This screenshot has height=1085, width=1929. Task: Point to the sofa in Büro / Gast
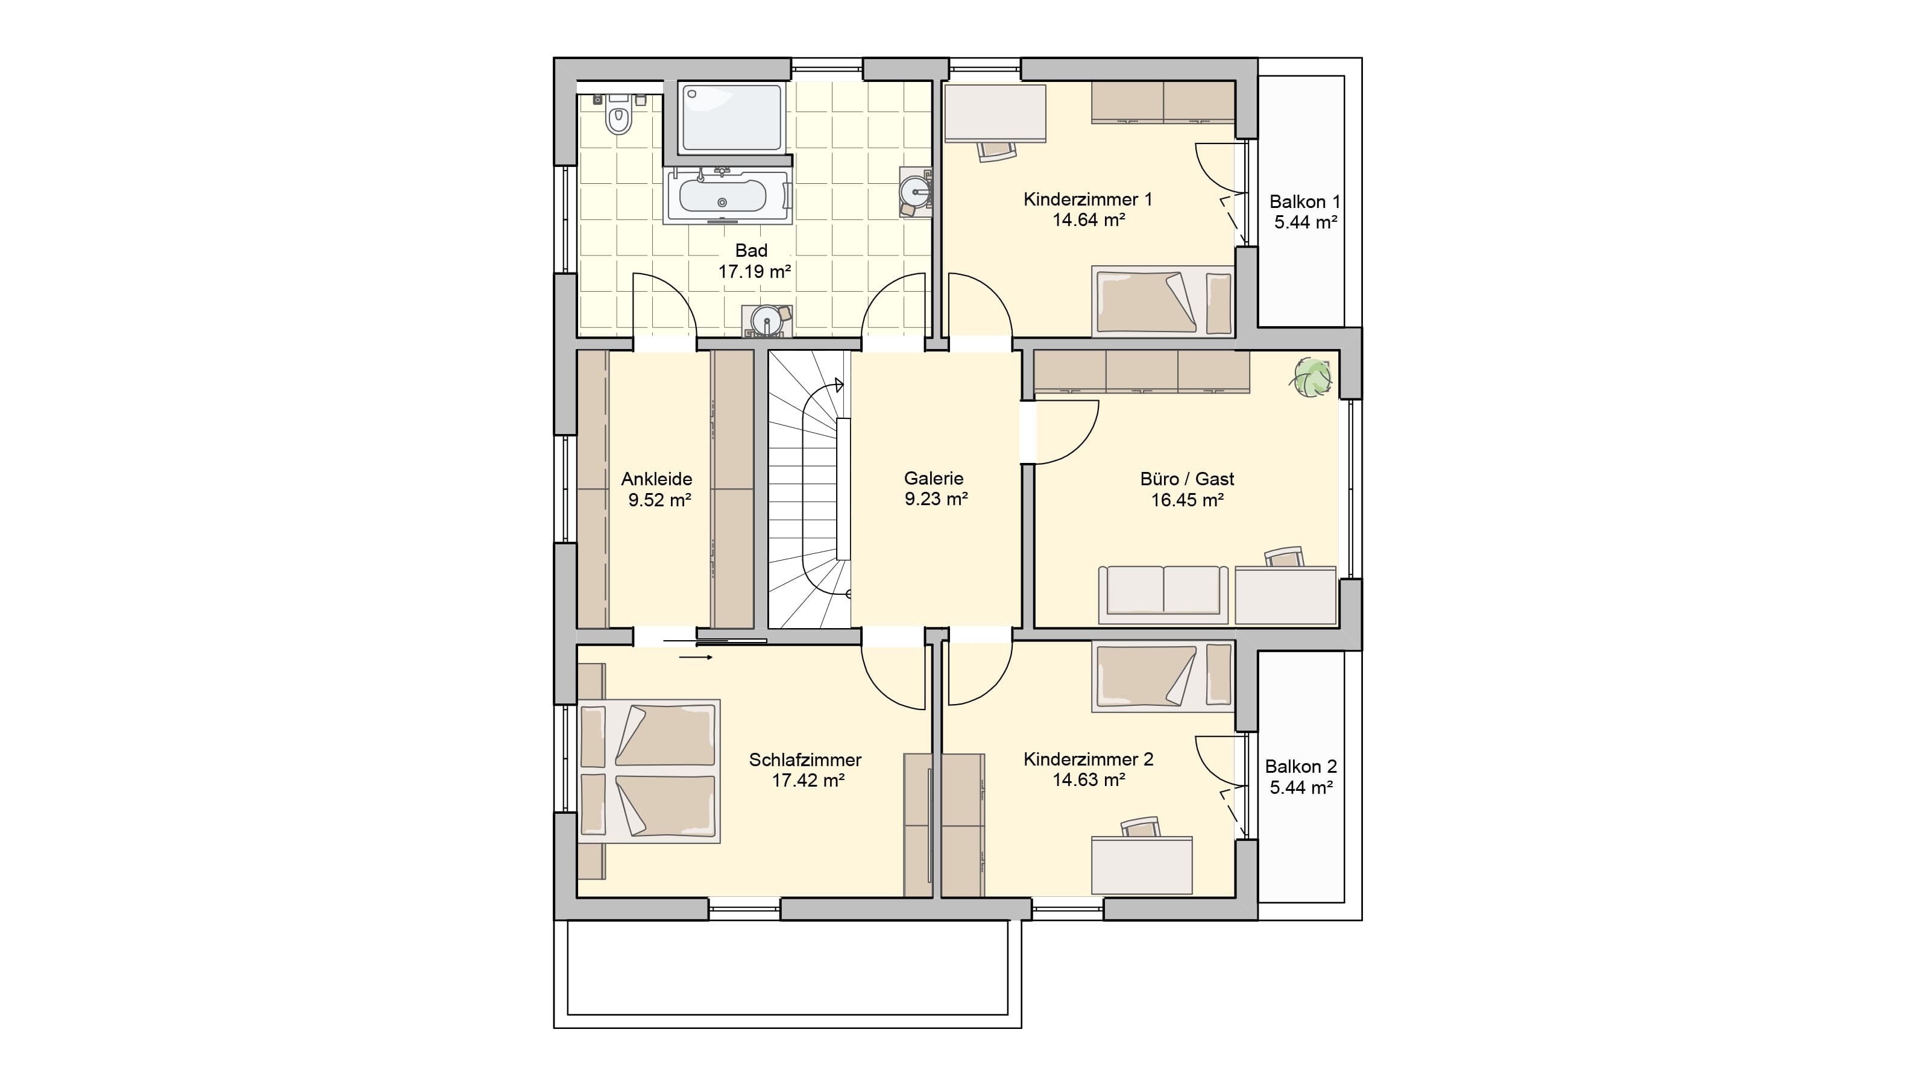click(1163, 594)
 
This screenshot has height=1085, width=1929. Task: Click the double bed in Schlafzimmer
click(649, 772)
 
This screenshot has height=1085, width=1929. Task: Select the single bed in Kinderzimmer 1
click(1163, 301)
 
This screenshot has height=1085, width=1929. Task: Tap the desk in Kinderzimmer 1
click(995, 113)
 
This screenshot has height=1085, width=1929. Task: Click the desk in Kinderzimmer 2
click(1142, 866)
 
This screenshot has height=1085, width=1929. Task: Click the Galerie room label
click(934, 478)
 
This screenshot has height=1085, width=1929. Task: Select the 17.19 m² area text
click(755, 272)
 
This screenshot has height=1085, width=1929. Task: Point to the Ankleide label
click(656, 479)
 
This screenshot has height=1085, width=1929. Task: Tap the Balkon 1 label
click(1305, 201)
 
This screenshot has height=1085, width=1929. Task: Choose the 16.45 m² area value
click(1188, 500)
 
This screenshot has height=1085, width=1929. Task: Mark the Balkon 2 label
click(1301, 767)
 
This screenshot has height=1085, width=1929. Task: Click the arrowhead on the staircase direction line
click(840, 386)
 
